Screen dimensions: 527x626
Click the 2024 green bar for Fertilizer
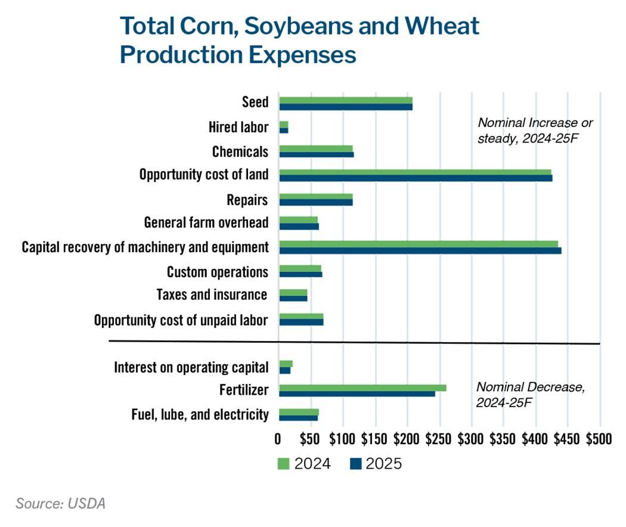(x=362, y=387)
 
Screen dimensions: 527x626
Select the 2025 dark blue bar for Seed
(x=346, y=107)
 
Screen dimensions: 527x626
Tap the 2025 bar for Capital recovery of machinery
(x=420, y=250)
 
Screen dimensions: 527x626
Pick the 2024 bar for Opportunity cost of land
(x=415, y=172)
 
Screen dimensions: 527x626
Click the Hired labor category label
(x=238, y=127)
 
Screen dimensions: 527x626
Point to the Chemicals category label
(x=240, y=151)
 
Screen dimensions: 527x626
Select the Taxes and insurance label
(x=212, y=295)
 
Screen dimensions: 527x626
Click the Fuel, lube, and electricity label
(x=199, y=414)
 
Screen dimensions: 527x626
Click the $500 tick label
(x=599, y=439)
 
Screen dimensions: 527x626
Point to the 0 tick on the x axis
(x=278, y=439)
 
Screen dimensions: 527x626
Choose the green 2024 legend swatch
(x=284, y=464)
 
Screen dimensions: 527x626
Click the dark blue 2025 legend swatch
(x=357, y=464)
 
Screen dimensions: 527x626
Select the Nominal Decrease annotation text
(x=530, y=394)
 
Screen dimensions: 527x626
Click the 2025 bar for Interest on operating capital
(x=284, y=370)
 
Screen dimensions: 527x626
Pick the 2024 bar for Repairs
(x=315, y=196)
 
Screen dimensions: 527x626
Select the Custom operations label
(x=217, y=272)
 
